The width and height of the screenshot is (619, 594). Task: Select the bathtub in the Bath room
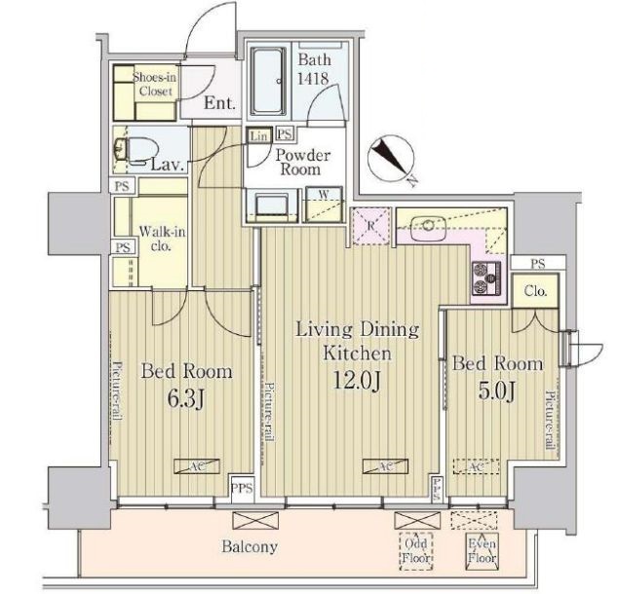point(265,82)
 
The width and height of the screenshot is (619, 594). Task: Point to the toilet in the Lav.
point(127,149)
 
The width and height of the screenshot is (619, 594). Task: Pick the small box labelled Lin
point(259,135)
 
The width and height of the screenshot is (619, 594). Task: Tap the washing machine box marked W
point(323,194)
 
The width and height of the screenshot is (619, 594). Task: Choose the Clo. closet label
point(533,290)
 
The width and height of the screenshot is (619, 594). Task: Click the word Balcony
point(248,546)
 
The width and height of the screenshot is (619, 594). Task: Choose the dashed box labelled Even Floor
point(480,551)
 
